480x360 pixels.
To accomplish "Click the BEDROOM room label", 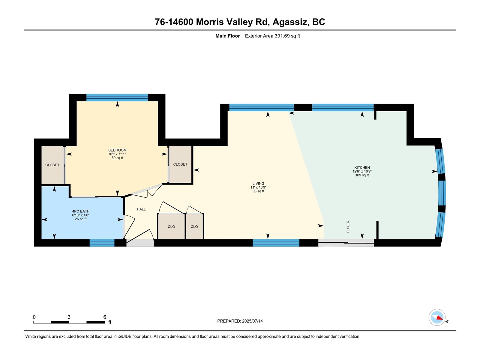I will point(117,150).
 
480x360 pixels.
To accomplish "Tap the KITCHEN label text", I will point(362,167).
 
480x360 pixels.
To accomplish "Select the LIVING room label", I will point(258,183).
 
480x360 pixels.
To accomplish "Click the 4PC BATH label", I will point(81,211).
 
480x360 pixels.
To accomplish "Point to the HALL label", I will point(141,209).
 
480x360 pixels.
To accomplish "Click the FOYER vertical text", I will point(348,226).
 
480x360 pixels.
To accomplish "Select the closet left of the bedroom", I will point(52,165).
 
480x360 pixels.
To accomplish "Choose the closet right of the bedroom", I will point(180,164).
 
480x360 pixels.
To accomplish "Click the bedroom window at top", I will point(117,97).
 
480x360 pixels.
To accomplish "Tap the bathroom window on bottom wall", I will point(102,243).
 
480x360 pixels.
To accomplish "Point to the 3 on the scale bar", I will point(69,317).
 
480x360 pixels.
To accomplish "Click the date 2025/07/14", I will point(252,321).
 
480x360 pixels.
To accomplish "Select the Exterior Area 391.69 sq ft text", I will point(272,36).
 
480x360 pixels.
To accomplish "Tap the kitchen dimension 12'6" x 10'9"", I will point(362,171).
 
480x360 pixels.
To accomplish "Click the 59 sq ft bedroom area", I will point(117,158).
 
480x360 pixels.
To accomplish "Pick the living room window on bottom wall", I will point(276,243).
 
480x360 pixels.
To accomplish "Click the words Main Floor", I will point(227,36).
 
